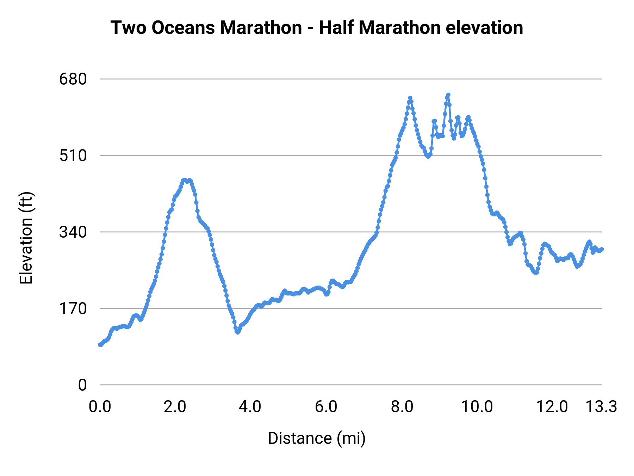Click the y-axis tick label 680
(x=73, y=79)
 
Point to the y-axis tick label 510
(x=73, y=155)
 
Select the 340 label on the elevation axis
(x=73, y=232)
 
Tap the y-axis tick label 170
(x=73, y=309)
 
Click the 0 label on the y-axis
(x=82, y=385)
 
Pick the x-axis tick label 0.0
(x=100, y=407)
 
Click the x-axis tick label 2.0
(x=175, y=407)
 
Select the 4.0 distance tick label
(x=250, y=407)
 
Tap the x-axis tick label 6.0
(x=326, y=407)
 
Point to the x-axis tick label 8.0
(x=402, y=407)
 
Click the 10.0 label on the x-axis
(x=477, y=407)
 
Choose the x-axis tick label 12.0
(x=552, y=407)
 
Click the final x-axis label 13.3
(x=601, y=407)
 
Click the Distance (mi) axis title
(x=317, y=438)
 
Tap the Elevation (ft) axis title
(x=26, y=238)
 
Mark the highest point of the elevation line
(x=448, y=95)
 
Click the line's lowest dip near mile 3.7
(x=238, y=332)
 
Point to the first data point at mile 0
(x=100, y=344)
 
